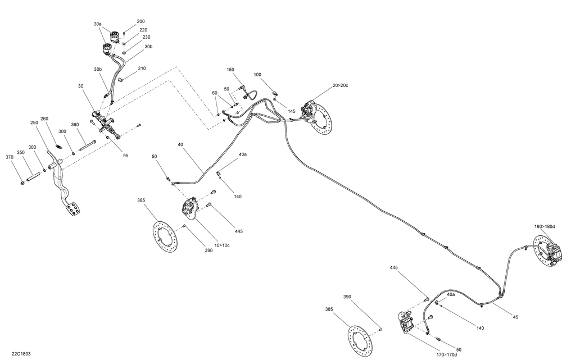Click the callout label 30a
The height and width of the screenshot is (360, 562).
[98, 24]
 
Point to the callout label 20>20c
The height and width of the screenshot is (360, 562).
[341, 86]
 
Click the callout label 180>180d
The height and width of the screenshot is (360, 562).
[544, 226]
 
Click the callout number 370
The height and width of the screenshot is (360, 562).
[10, 158]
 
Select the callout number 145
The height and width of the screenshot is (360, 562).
[291, 112]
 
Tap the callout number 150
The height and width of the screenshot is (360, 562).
[230, 70]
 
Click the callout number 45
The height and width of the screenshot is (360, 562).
[515, 317]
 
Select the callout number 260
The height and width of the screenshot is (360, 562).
[44, 119]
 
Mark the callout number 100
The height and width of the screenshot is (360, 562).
[257, 75]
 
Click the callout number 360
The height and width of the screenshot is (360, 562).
[75, 125]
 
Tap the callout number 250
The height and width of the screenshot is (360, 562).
[33, 122]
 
